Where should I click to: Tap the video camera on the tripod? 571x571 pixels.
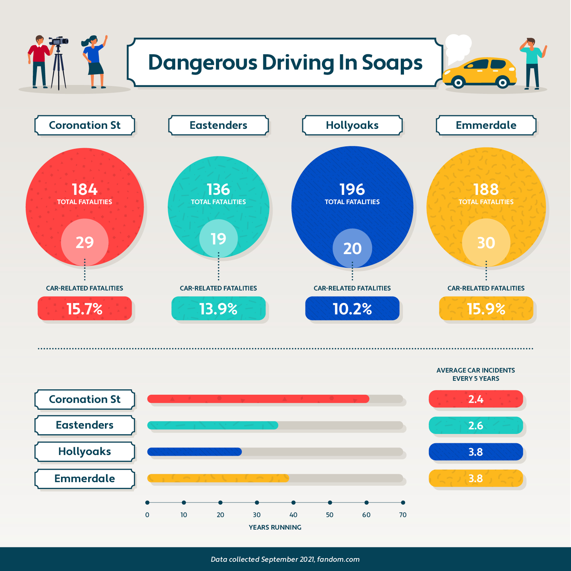59,41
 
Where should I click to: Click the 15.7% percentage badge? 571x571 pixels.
85,309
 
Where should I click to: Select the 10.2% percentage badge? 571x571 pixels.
352,309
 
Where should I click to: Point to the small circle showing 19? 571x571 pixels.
218,239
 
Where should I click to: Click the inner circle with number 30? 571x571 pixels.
486,243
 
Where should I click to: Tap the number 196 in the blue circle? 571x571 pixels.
352,190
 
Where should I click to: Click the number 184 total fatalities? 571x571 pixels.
85,190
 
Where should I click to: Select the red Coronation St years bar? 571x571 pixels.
258,399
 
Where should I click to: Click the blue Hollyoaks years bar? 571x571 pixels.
194,452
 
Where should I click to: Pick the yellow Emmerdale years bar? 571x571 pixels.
218,478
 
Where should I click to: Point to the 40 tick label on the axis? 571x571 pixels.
293,515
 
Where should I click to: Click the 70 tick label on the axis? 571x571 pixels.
403,515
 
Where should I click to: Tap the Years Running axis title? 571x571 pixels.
275,527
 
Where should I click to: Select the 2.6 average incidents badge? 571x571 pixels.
476,425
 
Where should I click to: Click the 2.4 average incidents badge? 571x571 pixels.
476,399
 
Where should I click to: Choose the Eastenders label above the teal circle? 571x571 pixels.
218,125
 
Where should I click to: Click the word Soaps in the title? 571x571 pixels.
392,63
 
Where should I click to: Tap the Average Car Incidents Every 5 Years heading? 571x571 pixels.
476,374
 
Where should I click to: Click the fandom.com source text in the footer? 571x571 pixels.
338,559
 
